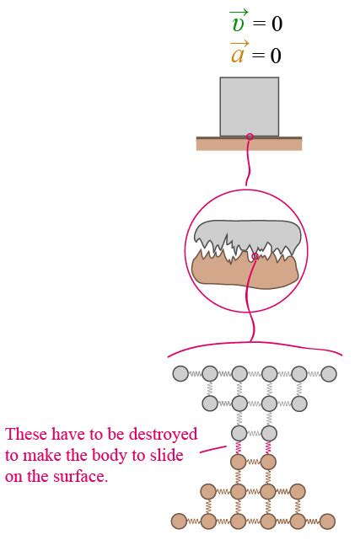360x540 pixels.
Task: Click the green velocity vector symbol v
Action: click(x=239, y=22)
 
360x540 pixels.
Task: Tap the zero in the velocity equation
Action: click(x=277, y=24)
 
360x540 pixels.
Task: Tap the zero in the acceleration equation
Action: click(x=276, y=56)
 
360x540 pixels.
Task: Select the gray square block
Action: click(x=250, y=107)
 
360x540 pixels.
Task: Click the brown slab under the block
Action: click(x=249, y=143)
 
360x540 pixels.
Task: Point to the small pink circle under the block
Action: click(x=250, y=136)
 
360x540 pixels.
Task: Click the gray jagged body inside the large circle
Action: click(x=247, y=234)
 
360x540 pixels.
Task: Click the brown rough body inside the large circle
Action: click(x=244, y=272)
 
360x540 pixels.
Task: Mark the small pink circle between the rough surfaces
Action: click(x=255, y=256)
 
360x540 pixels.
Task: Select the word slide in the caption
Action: click(x=166, y=455)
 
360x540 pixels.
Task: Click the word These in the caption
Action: click(x=26, y=434)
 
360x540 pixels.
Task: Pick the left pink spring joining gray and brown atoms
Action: click(x=238, y=447)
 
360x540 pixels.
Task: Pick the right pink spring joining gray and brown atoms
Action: click(x=268, y=447)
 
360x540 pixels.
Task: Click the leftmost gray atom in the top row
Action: click(x=180, y=374)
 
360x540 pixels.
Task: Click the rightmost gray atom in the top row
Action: click(x=329, y=374)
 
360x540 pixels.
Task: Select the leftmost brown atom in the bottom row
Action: click(x=179, y=521)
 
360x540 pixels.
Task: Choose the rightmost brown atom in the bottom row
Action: click(x=327, y=521)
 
